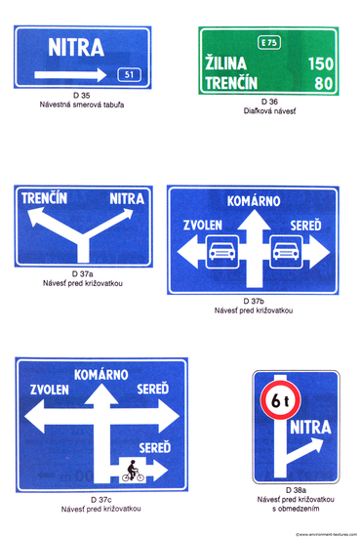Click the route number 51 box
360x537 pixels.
click(128, 75)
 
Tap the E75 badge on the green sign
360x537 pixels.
click(268, 42)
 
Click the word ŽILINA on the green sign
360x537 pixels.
click(228, 63)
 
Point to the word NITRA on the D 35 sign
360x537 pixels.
click(82, 47)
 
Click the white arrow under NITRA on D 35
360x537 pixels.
click(69, 75)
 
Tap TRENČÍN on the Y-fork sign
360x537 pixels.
click(44, 199)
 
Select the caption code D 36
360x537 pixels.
click(270, 102)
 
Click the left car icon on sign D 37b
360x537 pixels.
click(221, 251)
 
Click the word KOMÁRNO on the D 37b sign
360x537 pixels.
click(253, 202)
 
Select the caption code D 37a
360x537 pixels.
click(83, 273)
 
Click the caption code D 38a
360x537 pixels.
click(296, 489)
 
